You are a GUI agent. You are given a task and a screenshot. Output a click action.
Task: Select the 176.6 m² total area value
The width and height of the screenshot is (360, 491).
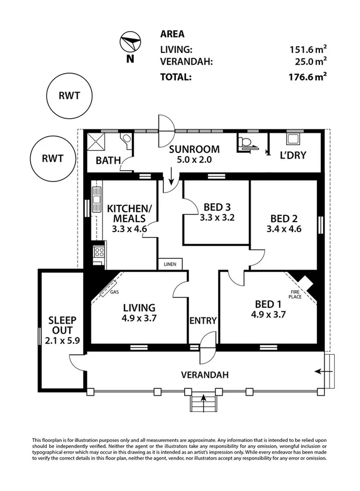click(308, 76)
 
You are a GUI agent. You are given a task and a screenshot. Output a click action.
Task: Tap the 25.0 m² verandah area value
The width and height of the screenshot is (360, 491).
click(310, 61)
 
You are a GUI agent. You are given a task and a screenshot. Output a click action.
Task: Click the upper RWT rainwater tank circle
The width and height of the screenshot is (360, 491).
click(69, 96)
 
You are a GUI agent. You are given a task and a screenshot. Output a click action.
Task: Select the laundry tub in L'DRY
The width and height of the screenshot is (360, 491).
click(294, 137)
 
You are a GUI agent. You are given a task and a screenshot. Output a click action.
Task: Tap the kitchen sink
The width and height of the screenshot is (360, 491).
click(97, 199)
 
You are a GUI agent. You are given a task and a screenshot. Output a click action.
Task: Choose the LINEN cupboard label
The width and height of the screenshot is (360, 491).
click(170, 264)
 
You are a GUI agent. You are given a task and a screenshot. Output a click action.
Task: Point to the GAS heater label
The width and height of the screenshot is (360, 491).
click(114, 292)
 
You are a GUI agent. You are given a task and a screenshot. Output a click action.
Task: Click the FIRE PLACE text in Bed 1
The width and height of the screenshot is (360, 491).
click(295, 295)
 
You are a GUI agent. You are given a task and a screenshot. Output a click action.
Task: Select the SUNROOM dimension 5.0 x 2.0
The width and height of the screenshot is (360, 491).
click(194, 160)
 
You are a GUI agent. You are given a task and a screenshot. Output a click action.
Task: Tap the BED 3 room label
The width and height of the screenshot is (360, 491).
click(217, 207)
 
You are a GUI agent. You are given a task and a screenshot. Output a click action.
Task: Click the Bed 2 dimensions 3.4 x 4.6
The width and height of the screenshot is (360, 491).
click(284, 229)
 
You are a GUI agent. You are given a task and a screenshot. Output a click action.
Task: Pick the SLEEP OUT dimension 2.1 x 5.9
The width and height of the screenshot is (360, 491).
click(63, 340)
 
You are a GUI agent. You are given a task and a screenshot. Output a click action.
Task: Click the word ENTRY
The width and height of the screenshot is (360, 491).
click(203, 321)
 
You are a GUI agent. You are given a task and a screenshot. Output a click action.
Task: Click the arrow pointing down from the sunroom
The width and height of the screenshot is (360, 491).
click(171, 176)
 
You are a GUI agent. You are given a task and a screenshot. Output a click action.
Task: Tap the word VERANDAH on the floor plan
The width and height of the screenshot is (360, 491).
click(205, 375)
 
